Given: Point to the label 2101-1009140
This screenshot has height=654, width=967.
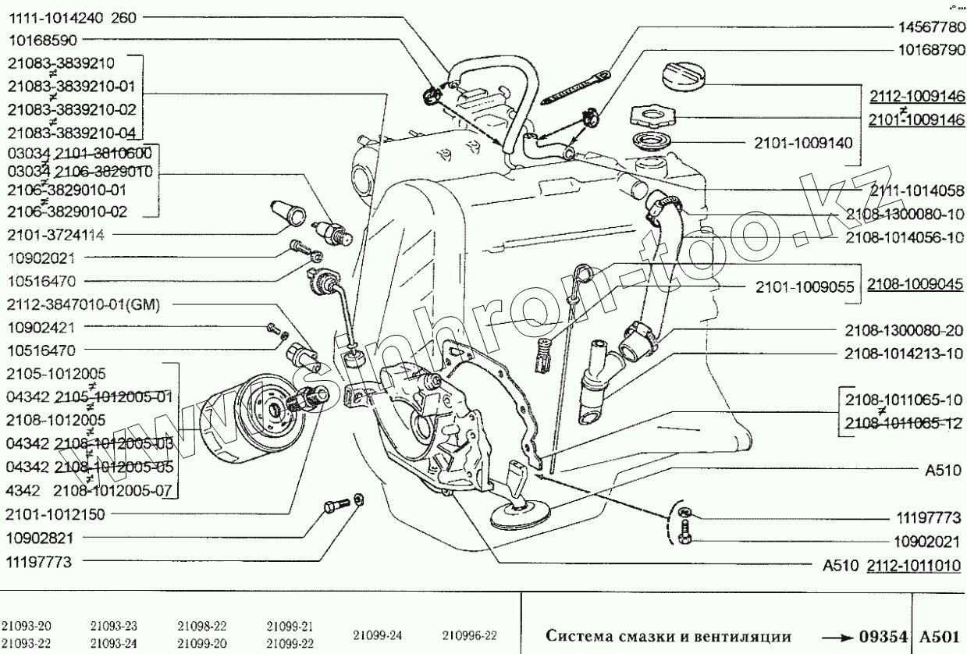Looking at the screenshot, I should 802,143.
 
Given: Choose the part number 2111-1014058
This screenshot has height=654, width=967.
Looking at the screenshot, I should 911,189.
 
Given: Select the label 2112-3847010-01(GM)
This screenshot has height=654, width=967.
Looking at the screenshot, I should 83,305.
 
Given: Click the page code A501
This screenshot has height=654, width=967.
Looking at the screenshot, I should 940,635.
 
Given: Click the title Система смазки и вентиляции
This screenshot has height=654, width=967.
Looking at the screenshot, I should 668,635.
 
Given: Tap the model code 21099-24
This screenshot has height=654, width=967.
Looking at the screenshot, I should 379,634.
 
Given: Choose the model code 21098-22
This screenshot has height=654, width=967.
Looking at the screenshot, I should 201,626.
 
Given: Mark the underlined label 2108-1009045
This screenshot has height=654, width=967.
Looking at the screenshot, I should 914,285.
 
